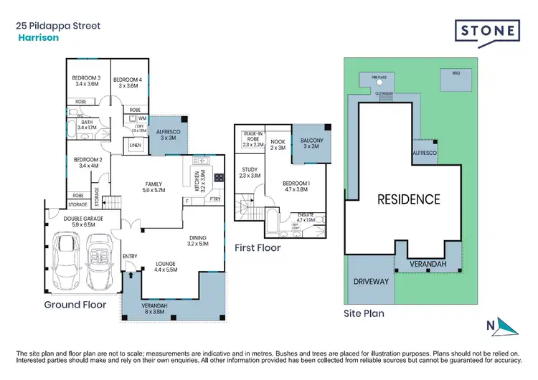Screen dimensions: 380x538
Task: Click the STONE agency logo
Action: coord(488,31)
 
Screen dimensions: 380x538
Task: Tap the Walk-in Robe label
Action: coord(253,138)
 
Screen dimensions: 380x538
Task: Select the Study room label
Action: coord(249,172)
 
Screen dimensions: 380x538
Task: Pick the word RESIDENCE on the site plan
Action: coord(409,199)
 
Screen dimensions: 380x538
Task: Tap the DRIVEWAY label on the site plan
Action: coord(371,281)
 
